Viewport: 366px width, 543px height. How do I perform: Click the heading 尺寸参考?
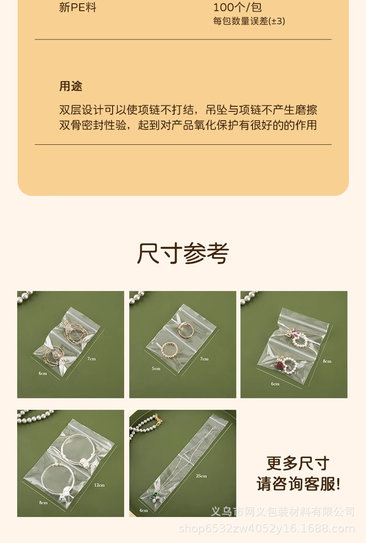[183, 253]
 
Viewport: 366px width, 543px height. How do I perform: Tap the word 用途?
[71, 86]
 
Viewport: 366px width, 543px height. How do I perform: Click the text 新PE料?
[77, 7]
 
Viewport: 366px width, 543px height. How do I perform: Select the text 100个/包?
[237, 7]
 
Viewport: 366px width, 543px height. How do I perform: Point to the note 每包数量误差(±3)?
[249, 21]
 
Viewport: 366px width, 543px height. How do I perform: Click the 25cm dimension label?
[201, 476]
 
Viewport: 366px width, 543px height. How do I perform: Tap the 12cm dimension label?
[99, 485]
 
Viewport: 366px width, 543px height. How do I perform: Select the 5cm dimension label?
[156, 368]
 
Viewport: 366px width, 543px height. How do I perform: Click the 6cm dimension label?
[275, 384]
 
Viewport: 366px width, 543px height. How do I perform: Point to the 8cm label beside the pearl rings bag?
[327, 361]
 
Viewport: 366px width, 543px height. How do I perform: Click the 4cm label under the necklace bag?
[144, 510]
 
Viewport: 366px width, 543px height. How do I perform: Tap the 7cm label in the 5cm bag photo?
[204, 359]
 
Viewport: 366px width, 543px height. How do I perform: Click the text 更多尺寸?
[298, 463]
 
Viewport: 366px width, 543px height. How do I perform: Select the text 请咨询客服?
[298, 484]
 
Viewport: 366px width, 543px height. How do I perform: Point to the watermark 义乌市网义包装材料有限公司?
[283, 512]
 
